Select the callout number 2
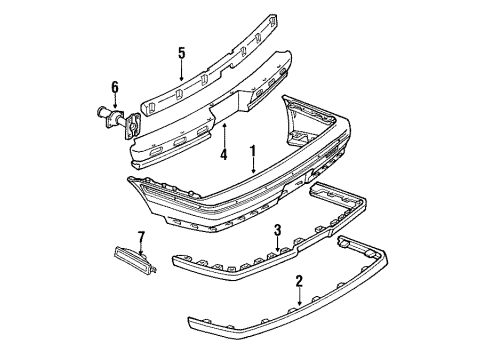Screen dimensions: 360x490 [299, 282]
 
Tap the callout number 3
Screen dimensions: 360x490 [278, 232]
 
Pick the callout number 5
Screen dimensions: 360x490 [181, 54]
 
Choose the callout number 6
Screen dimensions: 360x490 [115, 88]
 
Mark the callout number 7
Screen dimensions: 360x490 [141, 236]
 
